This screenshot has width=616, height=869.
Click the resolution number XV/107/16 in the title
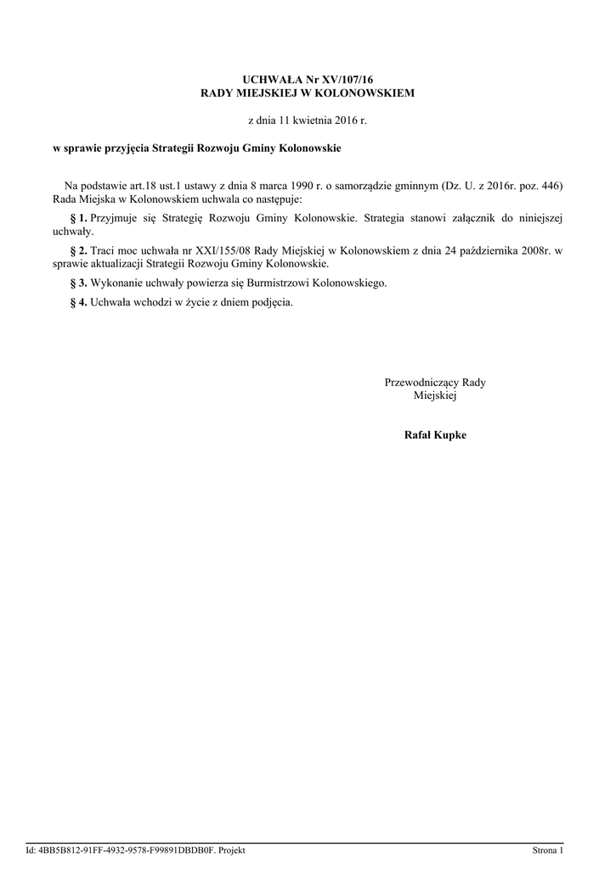tap(346, 79)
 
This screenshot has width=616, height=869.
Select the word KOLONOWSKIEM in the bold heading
tap(359, 93)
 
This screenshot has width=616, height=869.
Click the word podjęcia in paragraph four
tap(274, 302)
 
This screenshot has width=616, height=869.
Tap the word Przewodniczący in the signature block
tap(422, 383)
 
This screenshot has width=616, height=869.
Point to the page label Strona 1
tap(547, 850)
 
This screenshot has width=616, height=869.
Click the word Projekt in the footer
tap(231, 850)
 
